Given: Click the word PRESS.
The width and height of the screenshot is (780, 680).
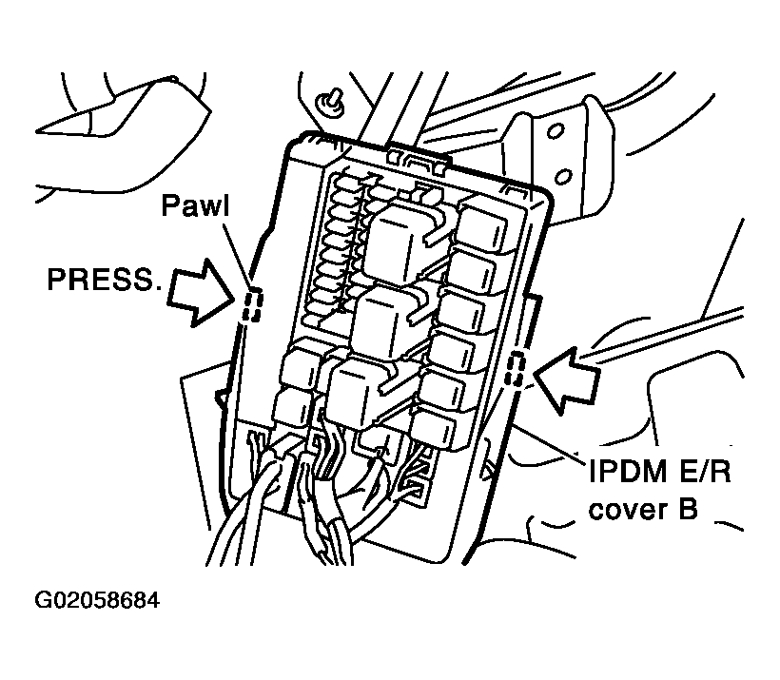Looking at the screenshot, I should tap(104, 279).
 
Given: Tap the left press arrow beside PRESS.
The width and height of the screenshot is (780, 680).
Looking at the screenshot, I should tap(199, 288).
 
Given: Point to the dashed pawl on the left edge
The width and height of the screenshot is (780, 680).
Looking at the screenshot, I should tap(252, 306).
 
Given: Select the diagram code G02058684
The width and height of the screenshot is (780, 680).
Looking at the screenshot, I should tap(97, 601).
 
